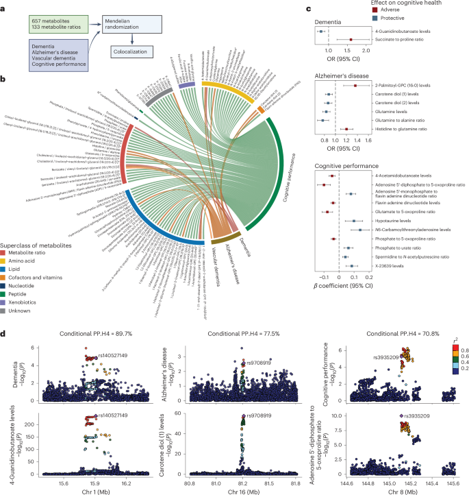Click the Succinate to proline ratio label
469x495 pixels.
click(406, 40)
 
